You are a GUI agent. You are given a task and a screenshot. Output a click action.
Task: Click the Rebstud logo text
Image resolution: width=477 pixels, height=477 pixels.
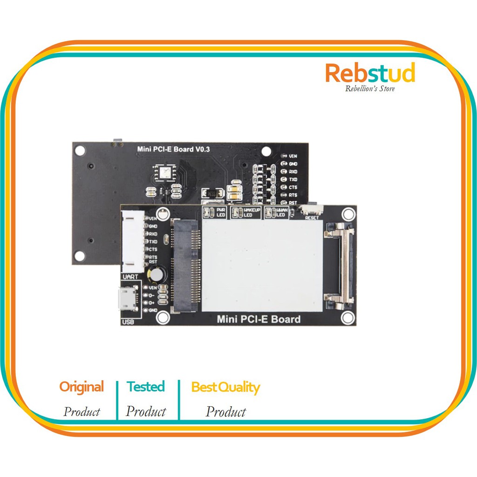pyautogui.click(x=370, y=74)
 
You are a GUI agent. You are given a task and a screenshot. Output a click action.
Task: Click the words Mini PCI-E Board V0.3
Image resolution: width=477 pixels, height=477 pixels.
pyautogui.click(x=173, y=149)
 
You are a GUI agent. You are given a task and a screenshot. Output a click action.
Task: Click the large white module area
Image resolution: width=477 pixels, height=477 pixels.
pyautogui.click(x=262, y=266)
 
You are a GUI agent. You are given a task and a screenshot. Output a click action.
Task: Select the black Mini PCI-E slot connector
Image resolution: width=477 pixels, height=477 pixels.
pyautogui.click(x=186, y=266)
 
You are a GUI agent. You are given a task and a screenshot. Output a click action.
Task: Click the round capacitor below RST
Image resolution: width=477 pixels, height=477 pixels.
pyautogui.click(x=155, y=275)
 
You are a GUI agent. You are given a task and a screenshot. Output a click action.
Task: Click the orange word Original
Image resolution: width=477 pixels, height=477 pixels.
pyautogui.click(x=82, y=387)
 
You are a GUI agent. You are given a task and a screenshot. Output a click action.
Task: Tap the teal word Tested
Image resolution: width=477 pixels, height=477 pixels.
pyautogui.click(x=146, y=387)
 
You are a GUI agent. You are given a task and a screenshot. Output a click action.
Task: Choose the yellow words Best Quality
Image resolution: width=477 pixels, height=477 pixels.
pyautogui.click(x=225, y=387)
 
